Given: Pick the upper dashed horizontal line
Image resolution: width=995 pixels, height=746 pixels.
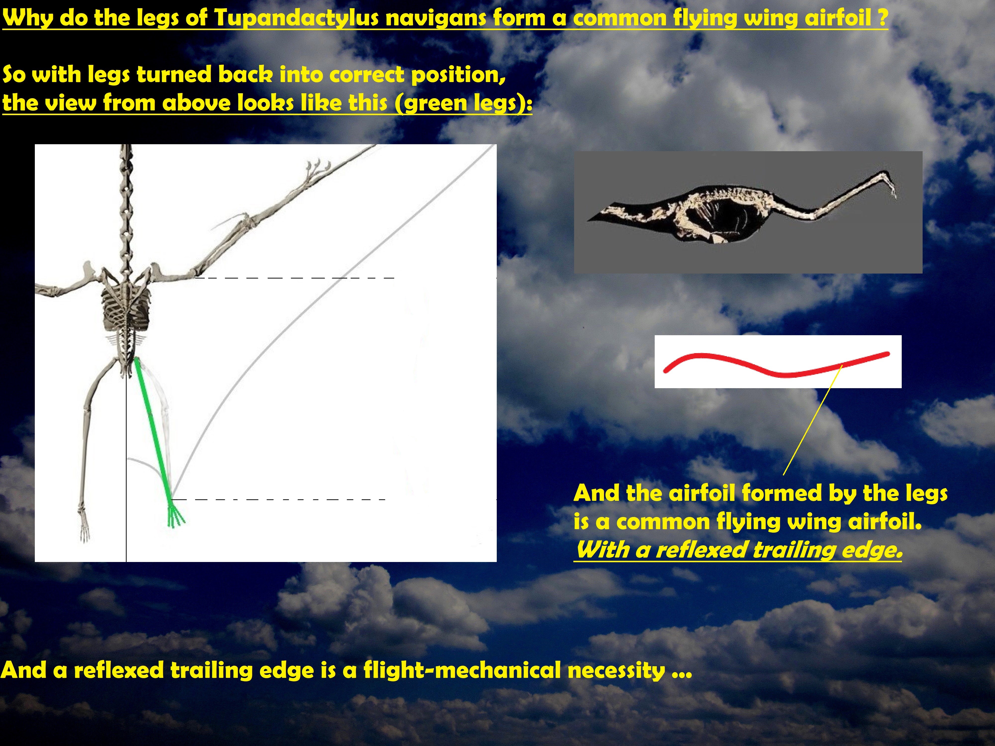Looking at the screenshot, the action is (x=295, y=278).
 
